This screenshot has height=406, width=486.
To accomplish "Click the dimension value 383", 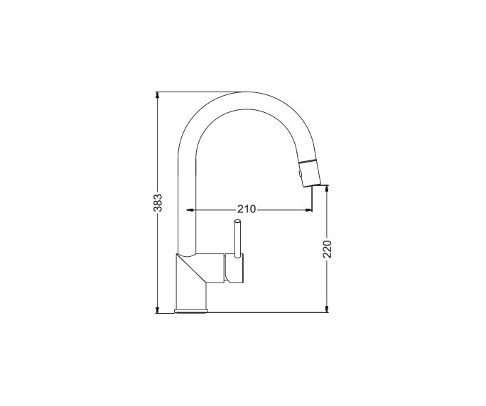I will pos(158,202).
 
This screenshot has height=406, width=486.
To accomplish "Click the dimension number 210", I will pos(246,209).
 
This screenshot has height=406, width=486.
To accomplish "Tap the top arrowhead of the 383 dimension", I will pos(158,95).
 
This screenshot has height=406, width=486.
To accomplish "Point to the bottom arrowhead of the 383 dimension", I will pos(158,309).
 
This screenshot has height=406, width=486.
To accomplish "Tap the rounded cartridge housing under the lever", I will pos(236,268).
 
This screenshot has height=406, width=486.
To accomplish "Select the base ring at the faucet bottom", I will pos(191,310).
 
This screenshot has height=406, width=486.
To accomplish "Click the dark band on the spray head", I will pos(308,161).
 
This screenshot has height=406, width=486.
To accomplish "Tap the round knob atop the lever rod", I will pos(237,224).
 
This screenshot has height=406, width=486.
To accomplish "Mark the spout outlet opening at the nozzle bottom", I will pos(311,185).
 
